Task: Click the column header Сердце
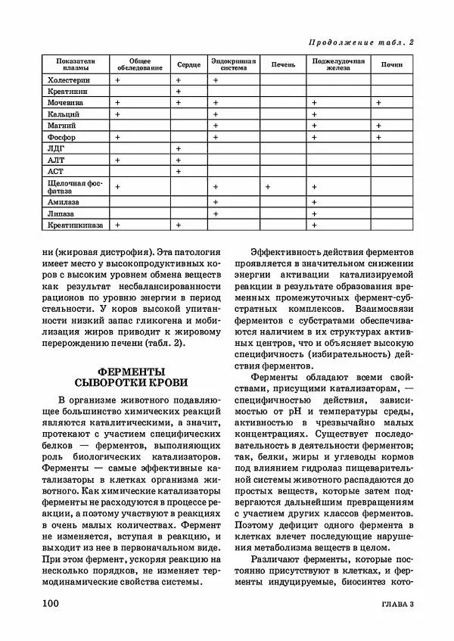(189, 65)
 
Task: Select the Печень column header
(283, 65)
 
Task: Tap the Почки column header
(391, 65)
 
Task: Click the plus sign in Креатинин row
(178, 91)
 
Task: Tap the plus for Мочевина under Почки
(378, 101)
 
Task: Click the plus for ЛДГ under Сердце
(178, 149)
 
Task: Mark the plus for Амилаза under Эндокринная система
(216, 202)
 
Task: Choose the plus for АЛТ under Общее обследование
(117, 160)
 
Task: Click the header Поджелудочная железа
(337, 65)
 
